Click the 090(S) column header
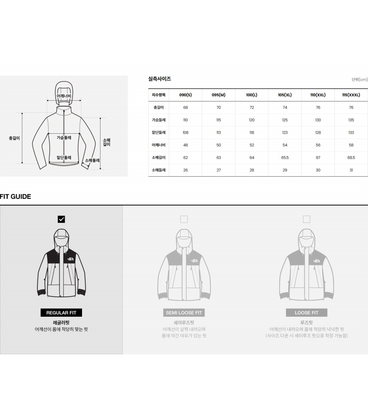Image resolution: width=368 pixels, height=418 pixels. coord(185,95)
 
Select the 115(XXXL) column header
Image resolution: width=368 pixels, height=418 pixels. coord(351,95)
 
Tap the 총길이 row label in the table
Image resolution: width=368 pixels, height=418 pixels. coord(159,108)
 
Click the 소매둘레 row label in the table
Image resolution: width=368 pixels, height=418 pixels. coord(159,170)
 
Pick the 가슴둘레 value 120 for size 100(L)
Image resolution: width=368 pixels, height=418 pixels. coord(252,120)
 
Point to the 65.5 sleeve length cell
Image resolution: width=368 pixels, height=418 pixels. coord(285,158)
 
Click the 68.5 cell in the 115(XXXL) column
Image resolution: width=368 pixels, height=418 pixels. coord(351,158)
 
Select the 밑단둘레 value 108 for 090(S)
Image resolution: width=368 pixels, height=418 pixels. coord(185,133)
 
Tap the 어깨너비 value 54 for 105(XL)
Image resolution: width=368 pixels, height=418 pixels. coord(285,145)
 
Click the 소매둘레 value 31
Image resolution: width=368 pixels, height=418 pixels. coord(351,170)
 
